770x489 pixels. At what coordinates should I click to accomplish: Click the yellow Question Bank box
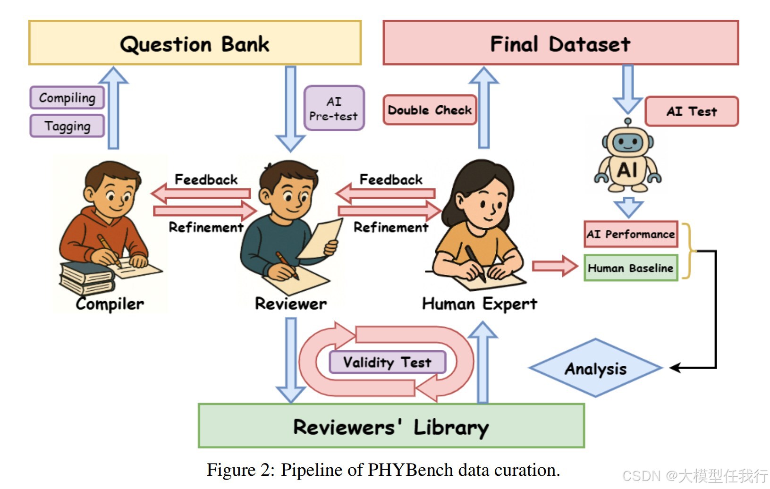click(195, 43)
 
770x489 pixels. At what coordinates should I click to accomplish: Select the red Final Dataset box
click(560, 43)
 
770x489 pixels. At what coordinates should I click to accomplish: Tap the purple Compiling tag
click(67, 98)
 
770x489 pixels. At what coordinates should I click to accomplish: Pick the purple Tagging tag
click(67, 126)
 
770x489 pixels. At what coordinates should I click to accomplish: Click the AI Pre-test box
click(334, 109)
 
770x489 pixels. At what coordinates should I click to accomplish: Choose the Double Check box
click(430, 110)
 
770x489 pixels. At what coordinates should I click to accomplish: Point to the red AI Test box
click(691, 111)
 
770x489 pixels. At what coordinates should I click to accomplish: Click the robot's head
click(627, 141)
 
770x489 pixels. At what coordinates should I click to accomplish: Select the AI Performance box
click(631, 234)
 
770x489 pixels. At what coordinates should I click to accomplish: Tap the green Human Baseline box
click(631, 268)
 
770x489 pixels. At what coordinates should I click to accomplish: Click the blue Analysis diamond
click(596, 368)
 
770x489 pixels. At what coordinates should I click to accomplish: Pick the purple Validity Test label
click(387, 363)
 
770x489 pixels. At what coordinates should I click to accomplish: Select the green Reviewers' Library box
click(391, 426)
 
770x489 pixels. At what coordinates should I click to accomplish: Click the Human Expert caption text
click(479, 304)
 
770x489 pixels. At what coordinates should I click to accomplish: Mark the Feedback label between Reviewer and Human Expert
click(391, 179)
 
